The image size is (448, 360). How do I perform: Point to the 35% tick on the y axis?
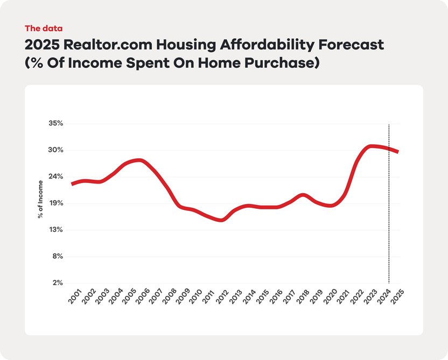(x=56, y=123)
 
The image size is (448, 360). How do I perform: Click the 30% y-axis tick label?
(x=56, y=150)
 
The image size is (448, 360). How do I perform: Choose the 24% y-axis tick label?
(x=56, y=177)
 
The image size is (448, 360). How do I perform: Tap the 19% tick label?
(x=56, y=203)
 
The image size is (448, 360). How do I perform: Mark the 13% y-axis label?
(x=56, y=230)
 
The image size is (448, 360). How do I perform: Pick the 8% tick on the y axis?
(x=57, y=256)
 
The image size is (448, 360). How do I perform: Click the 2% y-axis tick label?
(x=57, y=283)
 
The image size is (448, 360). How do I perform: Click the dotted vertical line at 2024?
(x=389, y=215)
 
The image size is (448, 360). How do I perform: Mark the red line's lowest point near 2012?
(x=221, y=220)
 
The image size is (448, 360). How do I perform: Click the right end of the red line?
(x=397, y=152)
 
